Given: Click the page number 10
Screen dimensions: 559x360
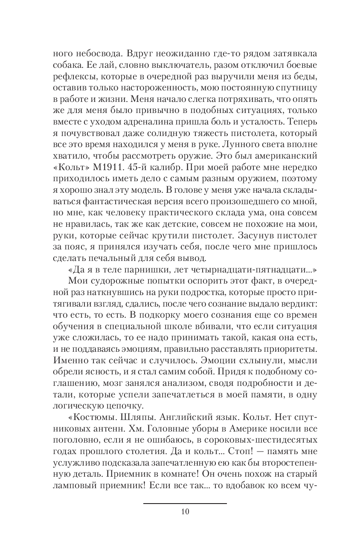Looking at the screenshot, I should (x=184, y=512).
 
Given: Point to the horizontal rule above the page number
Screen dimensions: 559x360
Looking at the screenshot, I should (x=184, y=504).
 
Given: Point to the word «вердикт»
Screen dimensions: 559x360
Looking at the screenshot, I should (x=290, y=301).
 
